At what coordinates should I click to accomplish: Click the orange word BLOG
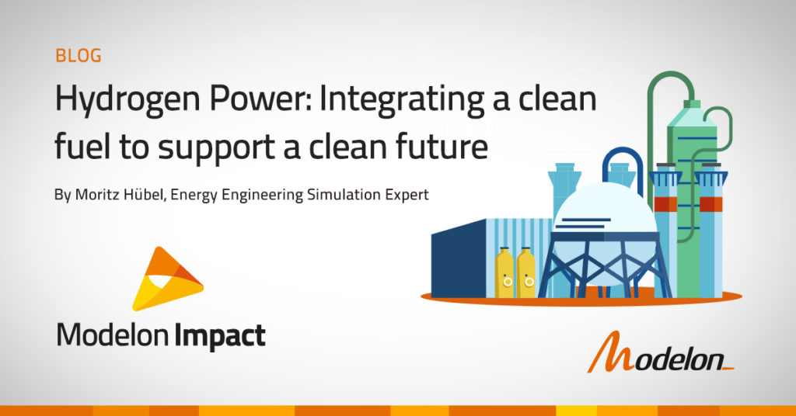[x=79, y=55]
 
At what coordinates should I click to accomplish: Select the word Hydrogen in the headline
[x=128, y=100]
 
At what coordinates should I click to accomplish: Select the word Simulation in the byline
[x=342, y=195]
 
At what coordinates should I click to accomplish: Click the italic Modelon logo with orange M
[x=661, y=352]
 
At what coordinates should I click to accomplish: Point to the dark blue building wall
[x=459, y=259]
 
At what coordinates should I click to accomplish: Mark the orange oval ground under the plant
[x=581, y=299]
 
